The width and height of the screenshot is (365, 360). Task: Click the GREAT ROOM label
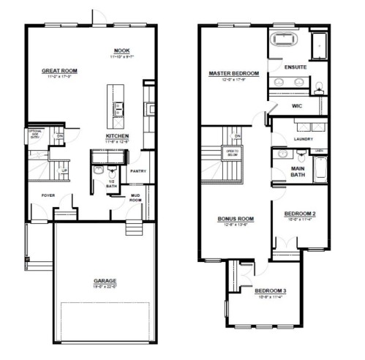[60, 71]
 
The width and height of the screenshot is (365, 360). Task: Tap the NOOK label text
[121, 51]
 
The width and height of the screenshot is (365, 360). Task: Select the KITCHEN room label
[118, 136]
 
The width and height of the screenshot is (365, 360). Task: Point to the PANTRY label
[138, 171]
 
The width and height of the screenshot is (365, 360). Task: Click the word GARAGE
[105, 280]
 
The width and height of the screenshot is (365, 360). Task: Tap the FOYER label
[48, 195]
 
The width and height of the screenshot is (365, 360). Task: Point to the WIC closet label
[297, 105]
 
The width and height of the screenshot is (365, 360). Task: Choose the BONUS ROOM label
[236, 218]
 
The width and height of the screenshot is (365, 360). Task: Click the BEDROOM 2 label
[300, 214]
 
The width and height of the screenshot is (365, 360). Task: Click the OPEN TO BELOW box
[231, 152]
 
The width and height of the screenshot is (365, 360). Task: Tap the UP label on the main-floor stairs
[64, 170]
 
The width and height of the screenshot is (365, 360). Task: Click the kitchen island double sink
[118, 109]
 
